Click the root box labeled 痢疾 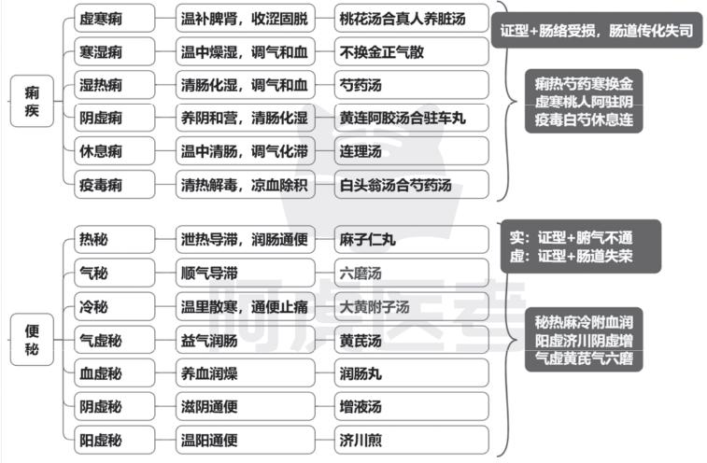32,101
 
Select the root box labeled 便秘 32,340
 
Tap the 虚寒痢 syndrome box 115,18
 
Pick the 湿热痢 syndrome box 115,85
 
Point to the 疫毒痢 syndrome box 115,185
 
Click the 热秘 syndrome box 115,239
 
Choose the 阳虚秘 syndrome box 115,440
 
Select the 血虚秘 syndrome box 115,373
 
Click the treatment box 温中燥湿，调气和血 246,51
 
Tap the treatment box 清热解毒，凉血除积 246,185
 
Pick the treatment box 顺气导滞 246,273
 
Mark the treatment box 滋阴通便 246,407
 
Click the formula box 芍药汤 412,85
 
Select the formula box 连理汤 412,151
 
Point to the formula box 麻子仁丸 412,239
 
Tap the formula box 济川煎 412,440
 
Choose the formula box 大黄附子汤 412,306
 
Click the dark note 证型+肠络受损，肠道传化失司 597,30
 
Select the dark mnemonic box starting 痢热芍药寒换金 584,101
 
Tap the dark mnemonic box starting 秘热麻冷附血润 584,340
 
